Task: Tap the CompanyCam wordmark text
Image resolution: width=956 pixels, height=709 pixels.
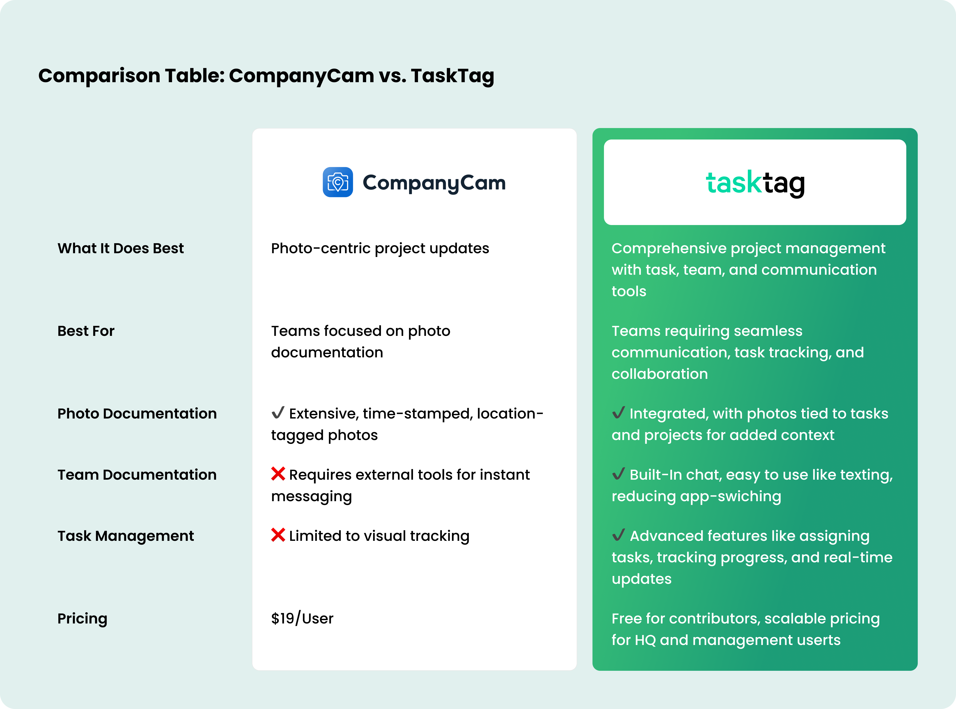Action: click(x=434, y=183)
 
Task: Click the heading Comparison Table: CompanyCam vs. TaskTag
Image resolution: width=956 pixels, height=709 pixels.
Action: click(x=266, y=76)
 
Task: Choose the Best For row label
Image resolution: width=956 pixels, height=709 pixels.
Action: click(x=86, y=331)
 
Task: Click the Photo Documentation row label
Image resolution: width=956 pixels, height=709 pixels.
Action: click(x=137, y=414)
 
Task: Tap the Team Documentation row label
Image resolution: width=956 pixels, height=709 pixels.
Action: click(x=137, y=475)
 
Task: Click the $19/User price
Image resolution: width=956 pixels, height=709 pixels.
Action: click(x=302, y=618)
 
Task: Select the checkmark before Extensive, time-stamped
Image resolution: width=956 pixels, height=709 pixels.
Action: click(x=278, y=413)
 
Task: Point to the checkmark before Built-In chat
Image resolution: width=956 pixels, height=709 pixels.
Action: click(x=618, y=474)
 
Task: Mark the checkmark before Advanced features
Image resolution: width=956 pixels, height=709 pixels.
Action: click(x=618, y=535)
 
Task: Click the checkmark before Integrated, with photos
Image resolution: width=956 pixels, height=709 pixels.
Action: click(x=618, y=413)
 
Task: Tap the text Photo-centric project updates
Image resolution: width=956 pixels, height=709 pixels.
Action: click(x=380, y=248)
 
